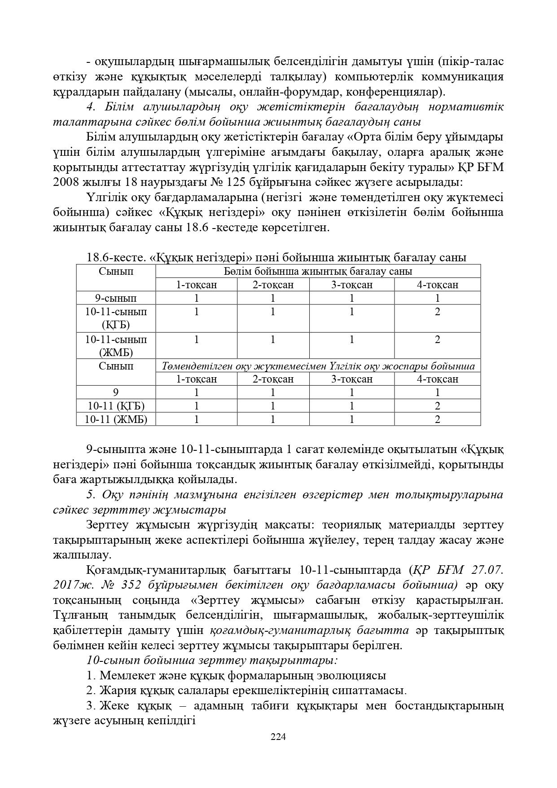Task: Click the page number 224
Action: [278, 737]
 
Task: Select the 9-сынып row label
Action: [116, 298]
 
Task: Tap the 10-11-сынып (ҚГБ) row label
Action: [116, 318]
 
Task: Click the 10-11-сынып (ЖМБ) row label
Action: [116, 346]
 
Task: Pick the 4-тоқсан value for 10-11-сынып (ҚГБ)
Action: [437, 312]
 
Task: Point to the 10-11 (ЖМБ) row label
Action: [116, 419]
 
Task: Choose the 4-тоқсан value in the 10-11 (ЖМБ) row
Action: [437, 419]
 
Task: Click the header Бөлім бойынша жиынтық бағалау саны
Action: [318, 271]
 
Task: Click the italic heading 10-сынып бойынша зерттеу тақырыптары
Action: [212, 660]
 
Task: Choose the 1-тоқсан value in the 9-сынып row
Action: [196, 298]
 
